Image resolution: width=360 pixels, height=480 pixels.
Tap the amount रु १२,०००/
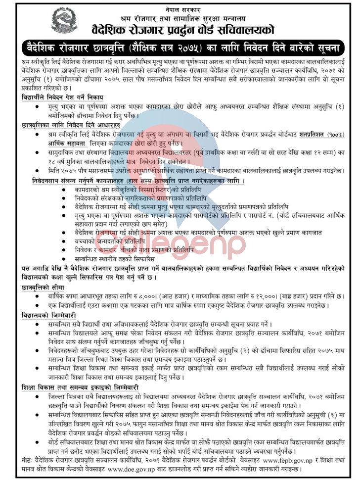click(268, 296)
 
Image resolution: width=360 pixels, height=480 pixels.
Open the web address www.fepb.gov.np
click(268, 460)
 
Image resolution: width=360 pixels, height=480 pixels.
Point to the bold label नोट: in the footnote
click(28, 460)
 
